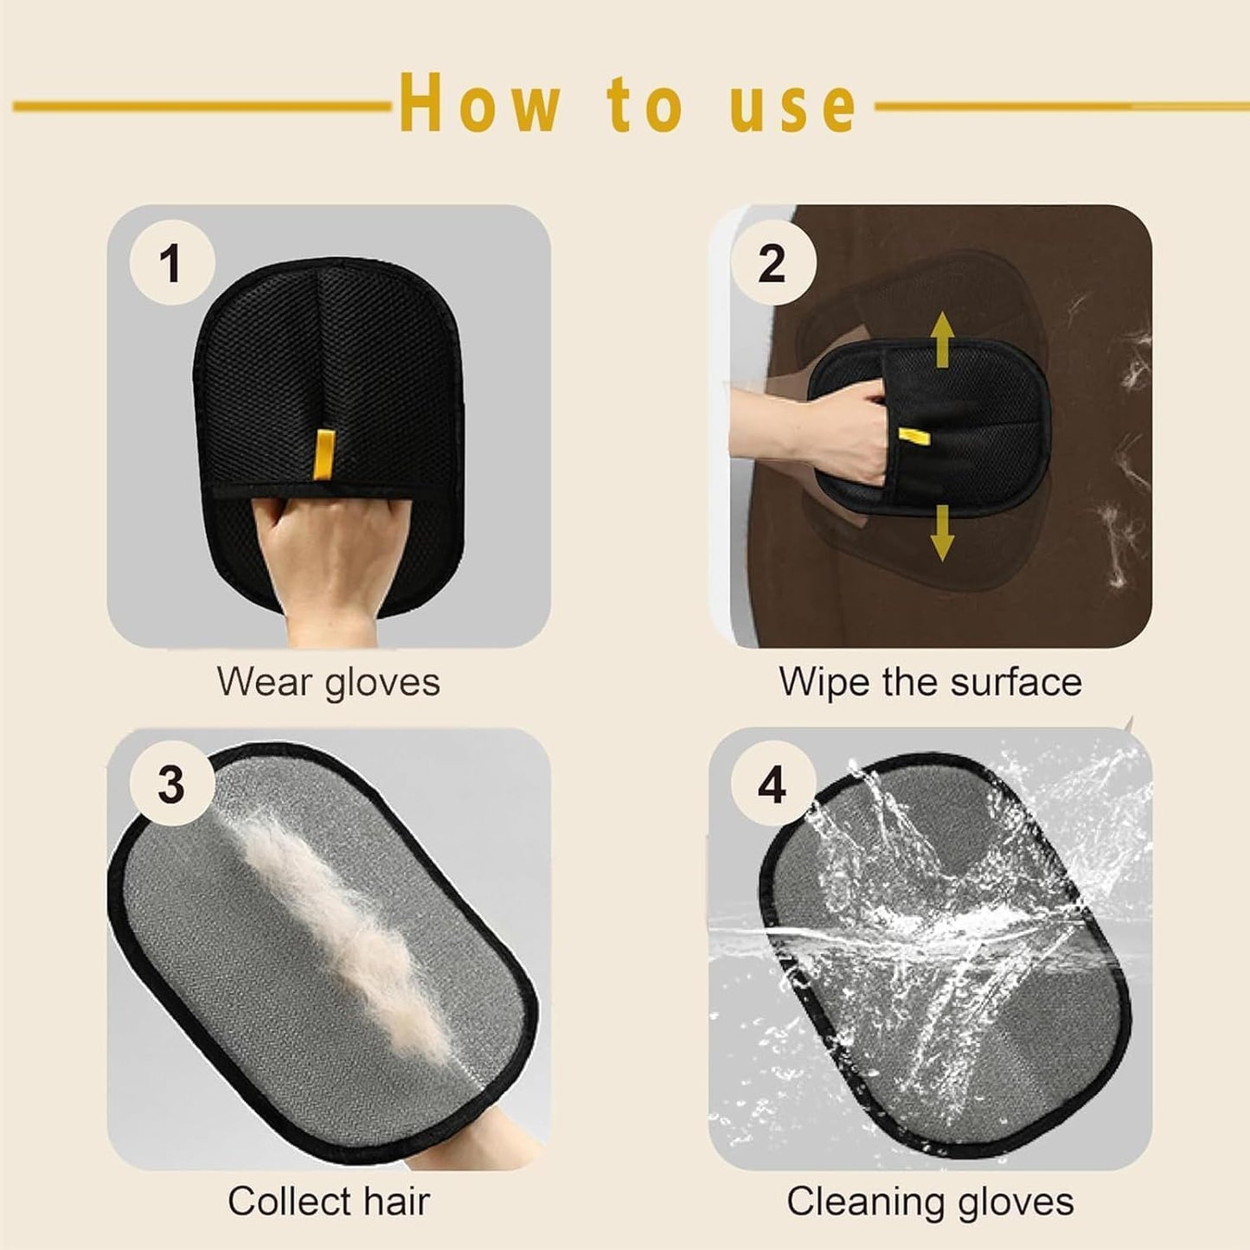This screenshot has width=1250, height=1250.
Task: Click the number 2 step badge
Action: (772, 262)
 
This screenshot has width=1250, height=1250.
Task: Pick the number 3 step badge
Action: (171, 785)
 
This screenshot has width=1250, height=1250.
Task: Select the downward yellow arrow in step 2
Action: (942, 533)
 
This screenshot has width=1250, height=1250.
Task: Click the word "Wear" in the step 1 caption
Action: (263, 682)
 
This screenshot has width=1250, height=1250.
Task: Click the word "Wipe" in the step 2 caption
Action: (823, 682)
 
